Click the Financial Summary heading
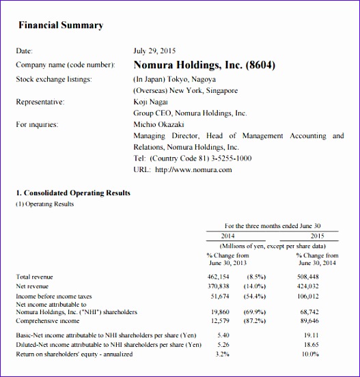click(x=60, y=25)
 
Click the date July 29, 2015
click(x=155, y=51)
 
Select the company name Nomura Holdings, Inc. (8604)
click(x=204, y=66)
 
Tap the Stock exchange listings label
click(x=53, y=79)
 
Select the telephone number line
click(x=193, y=158)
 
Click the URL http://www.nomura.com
click(x=183, y=169)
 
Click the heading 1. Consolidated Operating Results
click(x=73, y=193)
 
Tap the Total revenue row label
click(x=34, y=277)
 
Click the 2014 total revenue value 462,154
click(x=218, y=277)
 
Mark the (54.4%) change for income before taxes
click(x=255, y=296)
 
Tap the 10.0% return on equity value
click(x=311, y=354)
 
